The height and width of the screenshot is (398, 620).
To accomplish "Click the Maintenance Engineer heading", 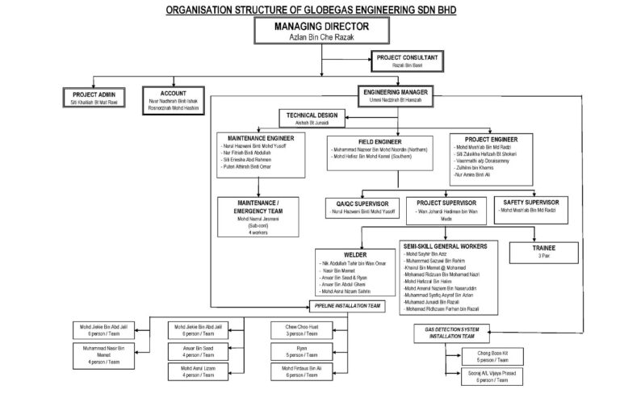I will (255, 138).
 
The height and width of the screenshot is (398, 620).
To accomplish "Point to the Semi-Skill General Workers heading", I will (452, 243).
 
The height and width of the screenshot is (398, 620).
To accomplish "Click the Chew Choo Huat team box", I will (293, 331).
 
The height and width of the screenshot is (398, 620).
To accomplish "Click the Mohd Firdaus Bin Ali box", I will (293, 371).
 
